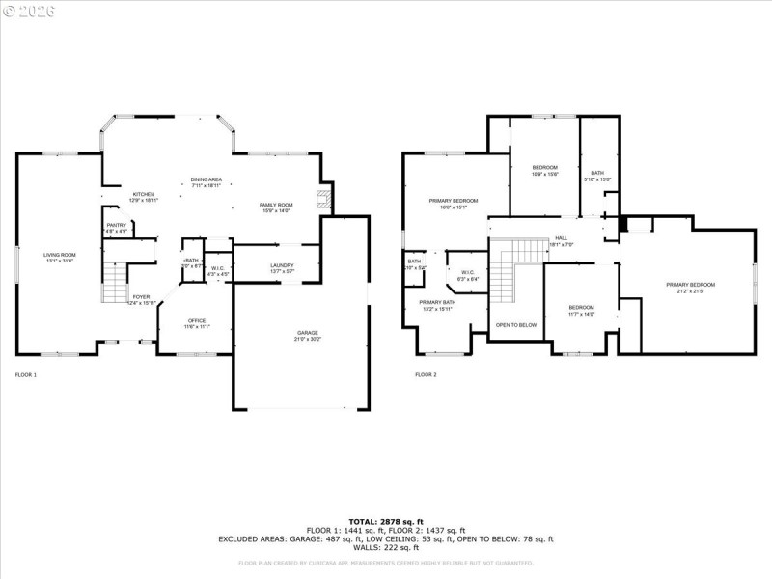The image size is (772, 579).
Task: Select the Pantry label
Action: coord(116,228)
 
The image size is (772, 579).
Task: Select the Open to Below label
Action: coord(515,325)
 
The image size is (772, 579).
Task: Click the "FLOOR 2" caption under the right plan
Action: coord(426,374)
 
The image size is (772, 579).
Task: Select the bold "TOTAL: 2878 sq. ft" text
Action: coord(385,522)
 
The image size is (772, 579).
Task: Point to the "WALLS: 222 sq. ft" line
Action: coord(385,547)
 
